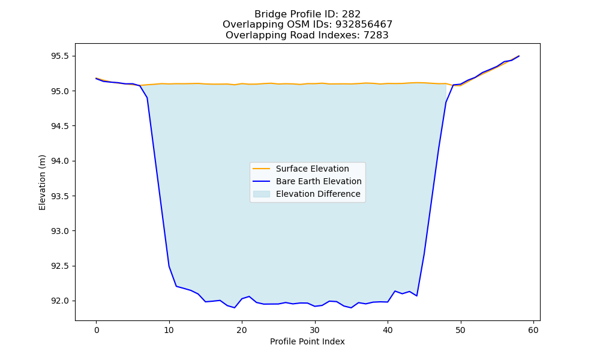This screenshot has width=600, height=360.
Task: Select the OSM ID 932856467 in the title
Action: click(x=364, y=25)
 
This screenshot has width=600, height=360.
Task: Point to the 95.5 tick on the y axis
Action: click(x=59, y=56)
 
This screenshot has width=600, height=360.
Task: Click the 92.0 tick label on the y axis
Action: click(x=59, y=301)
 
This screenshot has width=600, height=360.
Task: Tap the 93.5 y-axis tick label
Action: click(x=59, y=196)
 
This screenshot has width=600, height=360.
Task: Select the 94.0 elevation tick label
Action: click(x=59, y=161)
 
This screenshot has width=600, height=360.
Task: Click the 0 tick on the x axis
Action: click(x=96, y=330)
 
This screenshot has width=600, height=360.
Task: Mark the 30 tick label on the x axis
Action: click(x=314, y=330)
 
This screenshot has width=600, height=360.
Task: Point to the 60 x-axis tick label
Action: click(x=533, y=330)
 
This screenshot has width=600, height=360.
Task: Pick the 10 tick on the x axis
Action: click(x=169, y=330)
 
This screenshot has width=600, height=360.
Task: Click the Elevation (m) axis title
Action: click(x=42, y=182)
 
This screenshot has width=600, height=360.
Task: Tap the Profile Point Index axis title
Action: click(x=307, y=341)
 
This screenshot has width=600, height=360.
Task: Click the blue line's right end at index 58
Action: click(x=519, y=56)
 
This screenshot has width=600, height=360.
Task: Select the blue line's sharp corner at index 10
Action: click(x=169, y=266)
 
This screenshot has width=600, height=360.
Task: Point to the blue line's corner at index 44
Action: click(x=417, y=296)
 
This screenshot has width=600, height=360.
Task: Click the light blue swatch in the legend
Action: click(x=262, y=194)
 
